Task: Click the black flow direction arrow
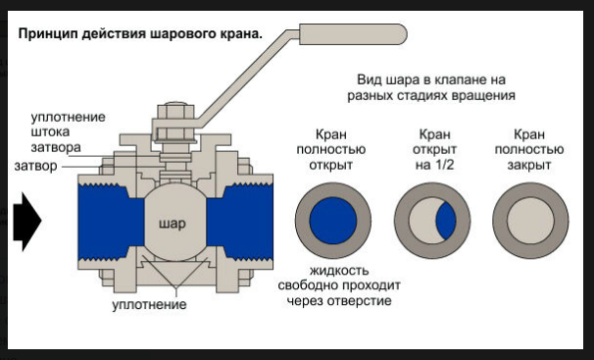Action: pos(26,222)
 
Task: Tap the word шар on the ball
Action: pos(172,224)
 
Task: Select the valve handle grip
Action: pos(353,34)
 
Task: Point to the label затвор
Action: pos(36,166)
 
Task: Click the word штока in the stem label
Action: pos(50,131)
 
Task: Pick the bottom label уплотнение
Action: pos(149,304)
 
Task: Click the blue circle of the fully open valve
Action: pos(333,221)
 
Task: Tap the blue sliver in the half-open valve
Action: pos(446,221)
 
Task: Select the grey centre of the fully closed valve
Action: pos(530,221)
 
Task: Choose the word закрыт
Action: pos(529,165)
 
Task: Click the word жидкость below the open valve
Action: pos(339,271)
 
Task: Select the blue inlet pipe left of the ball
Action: pos(111,222)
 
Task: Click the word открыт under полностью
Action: pos(330,165)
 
